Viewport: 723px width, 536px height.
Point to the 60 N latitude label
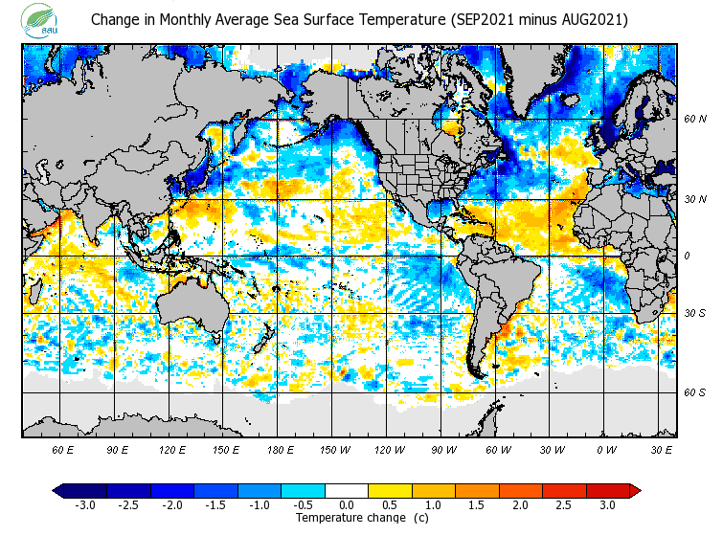click(695, 120)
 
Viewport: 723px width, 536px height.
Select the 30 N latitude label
click(695, 199)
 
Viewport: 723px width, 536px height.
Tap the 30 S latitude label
click(695, 314)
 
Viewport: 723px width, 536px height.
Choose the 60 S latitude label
click(695, 392)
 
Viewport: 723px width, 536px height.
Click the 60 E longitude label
click(63, 449)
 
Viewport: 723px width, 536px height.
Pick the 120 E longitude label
click(172, 449)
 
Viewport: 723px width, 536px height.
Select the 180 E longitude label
click(281, 449)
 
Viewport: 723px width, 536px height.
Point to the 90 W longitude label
click(443, 449)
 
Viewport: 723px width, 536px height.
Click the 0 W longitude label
click(606, 449)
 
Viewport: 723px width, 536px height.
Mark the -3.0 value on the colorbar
click(84, 505)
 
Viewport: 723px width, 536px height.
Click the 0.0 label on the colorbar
click(347, 505)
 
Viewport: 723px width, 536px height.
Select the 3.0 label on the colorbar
click(607, 505)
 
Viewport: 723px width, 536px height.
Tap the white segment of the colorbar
click(347, 491)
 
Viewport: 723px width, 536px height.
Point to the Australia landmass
click(192, 306)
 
